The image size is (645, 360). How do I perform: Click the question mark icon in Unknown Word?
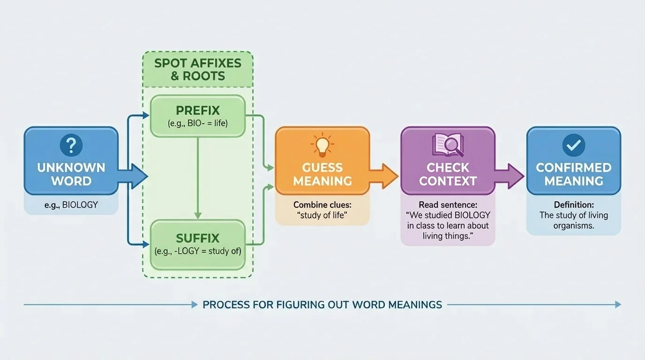(71, 146)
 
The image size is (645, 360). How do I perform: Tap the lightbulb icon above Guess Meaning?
(322, 145)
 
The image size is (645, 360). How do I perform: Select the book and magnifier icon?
(448, 144)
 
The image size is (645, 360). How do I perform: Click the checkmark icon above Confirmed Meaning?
(574, 145)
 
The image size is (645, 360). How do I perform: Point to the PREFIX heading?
(198, 111)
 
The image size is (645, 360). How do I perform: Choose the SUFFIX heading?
(198, 238)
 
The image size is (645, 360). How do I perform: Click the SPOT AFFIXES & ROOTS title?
(198, 69)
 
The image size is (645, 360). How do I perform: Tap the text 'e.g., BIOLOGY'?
(71, 205)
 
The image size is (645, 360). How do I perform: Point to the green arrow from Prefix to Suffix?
(198, 178)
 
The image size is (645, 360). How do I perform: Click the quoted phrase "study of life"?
(322, 216)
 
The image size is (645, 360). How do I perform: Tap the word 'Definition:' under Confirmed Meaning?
(574, 205)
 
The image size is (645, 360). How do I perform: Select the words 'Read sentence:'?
(448, 205)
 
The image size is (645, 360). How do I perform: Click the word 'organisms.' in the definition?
(574, 225)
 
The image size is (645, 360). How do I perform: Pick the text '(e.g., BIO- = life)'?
(198, 124)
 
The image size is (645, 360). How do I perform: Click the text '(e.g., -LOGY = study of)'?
(198, 251)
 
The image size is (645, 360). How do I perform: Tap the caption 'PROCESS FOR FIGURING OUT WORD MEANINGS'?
(322, 305)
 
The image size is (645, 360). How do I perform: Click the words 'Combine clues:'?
(322, 205)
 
